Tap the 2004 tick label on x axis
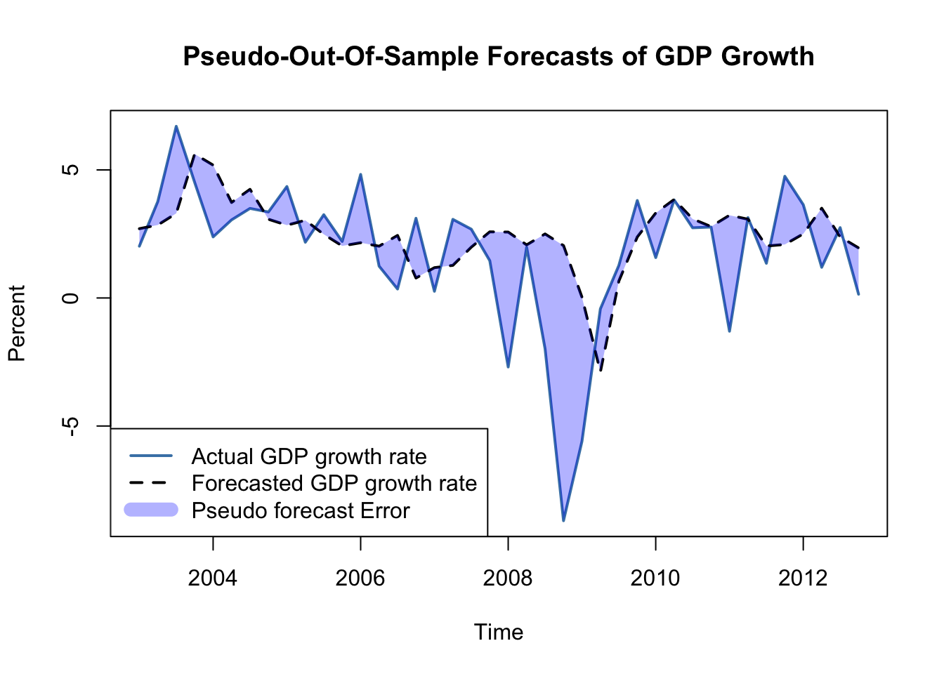(x=213, y=578)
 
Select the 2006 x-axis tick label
(x=360, y=578)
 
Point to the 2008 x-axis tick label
(x=508, y=578)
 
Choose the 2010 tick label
(x=655, y=578)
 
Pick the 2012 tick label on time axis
(x=803, y=578)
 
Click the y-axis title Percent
(x=17, y=323)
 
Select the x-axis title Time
(x=499, y=633)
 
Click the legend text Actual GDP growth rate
(x=309, y=457)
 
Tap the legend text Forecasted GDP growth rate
(x=334, y=484)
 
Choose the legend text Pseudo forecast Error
(x=301, y=510)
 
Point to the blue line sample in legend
(x=151, y=456)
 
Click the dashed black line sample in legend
(x=151, y=483)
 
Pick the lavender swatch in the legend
(x=151, y=510)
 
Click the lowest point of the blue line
(x=563, y=520)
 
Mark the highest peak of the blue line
(x=176, y=126)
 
